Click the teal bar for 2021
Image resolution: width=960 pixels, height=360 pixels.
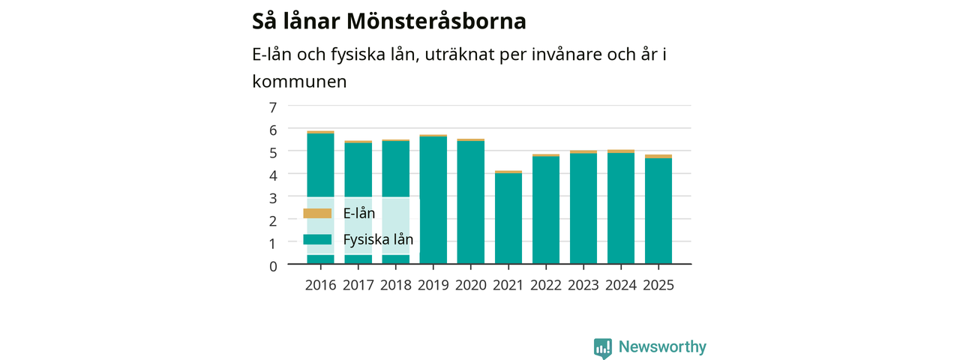point(508,218)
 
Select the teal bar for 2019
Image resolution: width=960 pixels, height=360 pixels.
point(433,200)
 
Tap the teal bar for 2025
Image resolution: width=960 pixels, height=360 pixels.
point(658,211)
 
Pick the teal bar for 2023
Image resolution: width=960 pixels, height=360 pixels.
point(583,208)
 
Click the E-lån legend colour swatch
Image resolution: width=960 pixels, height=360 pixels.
point(317,214)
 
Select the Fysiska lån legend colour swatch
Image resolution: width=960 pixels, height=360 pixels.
point(317,239)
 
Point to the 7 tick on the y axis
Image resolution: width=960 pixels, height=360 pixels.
point(273,107)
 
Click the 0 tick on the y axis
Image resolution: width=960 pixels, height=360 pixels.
point(273,266)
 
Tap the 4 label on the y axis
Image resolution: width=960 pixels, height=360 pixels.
point(273,175)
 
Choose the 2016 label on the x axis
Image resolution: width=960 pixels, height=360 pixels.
point(320,285)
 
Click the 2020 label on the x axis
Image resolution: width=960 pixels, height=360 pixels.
point(470,285)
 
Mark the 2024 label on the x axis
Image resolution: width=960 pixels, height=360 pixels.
point(621,285)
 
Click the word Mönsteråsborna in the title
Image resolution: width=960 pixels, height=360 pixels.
point(436,21)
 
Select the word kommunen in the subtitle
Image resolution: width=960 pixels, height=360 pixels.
point(299,82)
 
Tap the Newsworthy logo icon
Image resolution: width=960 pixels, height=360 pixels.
point(602,348)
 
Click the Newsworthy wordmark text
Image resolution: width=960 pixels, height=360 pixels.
point(662,346)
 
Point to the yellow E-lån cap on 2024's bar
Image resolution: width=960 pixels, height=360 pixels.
point(621,151)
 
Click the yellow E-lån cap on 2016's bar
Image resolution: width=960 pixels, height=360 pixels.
point(320,132)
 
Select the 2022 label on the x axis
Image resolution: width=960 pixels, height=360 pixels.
point(546,285)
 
